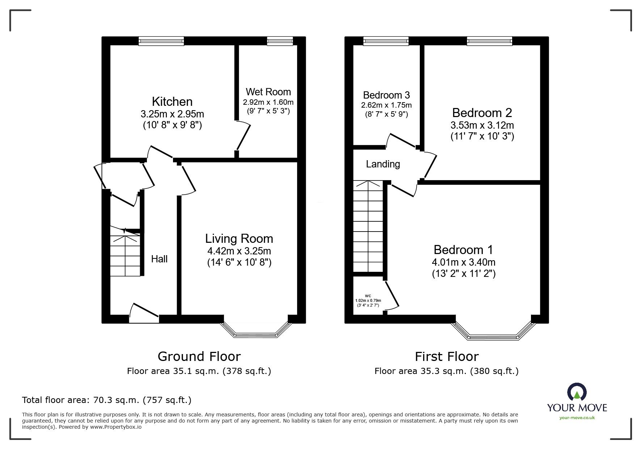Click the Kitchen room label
pyautogui.click(x=172, y=101)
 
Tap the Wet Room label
pyautogui.click(x=268, y=92)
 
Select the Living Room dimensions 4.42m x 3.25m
pyautogui.click(x=239, y=251)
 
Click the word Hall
pyautogui.click(x=159, y=259)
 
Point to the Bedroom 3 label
pyautogui.click(x=386, y=95)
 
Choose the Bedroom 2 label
pyautogui.click(x=482, y=113)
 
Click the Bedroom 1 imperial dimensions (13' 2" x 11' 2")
pyautogui.click(x=464, y=273)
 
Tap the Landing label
pyautogui.click(x=383, y=164)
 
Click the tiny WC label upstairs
pyautogui.click(x=368, y=296)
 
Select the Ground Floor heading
pyautogui.click(x=199, y=357)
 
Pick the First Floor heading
pyautogui.click(x=446, y=357)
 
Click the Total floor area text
pyautogui.click(x=107, y=400)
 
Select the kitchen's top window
pyautogui.click(x=161, y=41)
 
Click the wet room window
pyautogui.click(x=280, y=41)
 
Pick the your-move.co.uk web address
pyautogui.click(x=577, y=418)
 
